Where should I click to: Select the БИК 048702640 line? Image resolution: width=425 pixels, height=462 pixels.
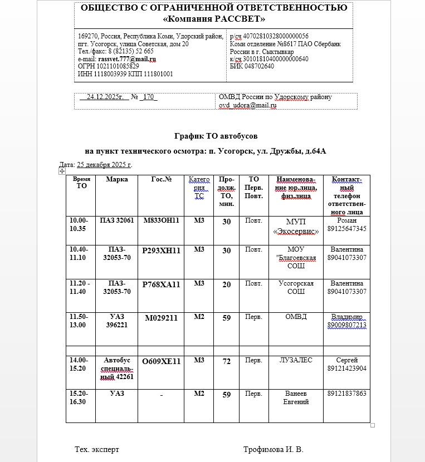pos(252,66)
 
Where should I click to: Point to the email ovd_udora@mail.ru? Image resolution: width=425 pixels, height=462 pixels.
pos(247,105)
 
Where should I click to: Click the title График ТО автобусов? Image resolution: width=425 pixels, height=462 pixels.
pos(216,136)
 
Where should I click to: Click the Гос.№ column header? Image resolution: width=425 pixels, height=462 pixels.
pos(161,179)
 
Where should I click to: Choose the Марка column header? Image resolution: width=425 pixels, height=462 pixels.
pos(117,179)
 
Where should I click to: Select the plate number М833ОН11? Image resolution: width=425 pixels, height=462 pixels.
pos(161,220)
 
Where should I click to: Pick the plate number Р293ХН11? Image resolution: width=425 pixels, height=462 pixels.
pos(161,250)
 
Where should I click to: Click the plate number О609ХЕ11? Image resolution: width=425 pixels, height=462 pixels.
pos(161,361)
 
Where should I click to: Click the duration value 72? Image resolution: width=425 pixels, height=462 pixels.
pos(226,362)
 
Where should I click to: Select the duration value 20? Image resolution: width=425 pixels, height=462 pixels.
pos(226,284)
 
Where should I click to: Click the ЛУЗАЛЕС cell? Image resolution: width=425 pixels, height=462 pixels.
pos(296,361)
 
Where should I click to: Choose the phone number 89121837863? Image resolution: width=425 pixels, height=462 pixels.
pos(347,394)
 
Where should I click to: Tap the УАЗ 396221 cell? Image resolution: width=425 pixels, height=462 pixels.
pos(117,321)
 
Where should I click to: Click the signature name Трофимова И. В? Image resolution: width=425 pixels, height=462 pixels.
pos(273,449)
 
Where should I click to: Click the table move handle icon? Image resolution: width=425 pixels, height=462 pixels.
pos(62,171)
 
